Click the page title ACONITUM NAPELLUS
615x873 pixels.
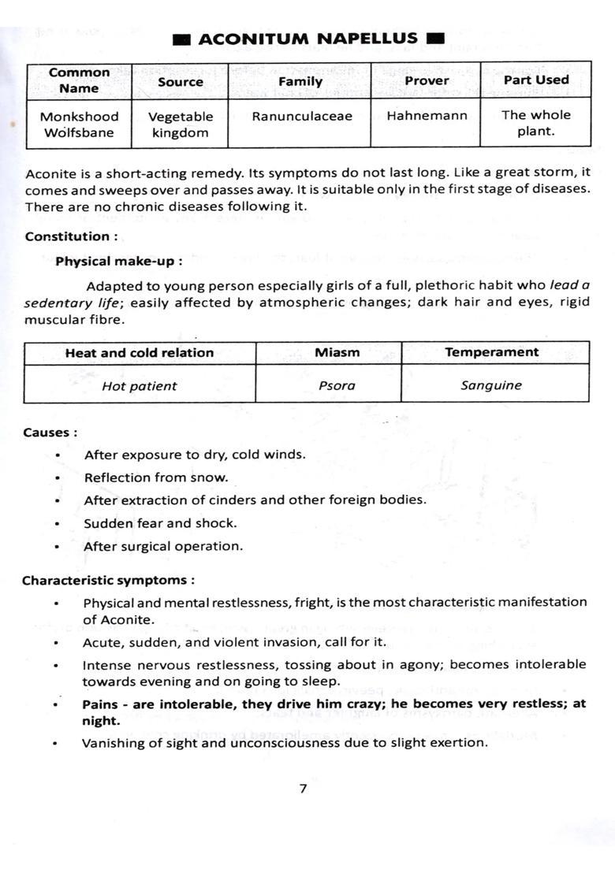click(x=308, y=39)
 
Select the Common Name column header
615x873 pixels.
click(x=79, y=80)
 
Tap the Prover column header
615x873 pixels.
click(x=427, y=80)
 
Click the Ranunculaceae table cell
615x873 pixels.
click(x=302, y=117)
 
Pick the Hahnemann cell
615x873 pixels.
click(x=427, y=116)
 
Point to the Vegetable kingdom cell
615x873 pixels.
click(x=181, y=124)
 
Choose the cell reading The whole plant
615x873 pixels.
click(x=535, y=123)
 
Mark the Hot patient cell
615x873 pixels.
click(x=140, y=386)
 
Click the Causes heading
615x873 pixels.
click(x=50, y=433)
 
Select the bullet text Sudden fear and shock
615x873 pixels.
click(x=160, y=523)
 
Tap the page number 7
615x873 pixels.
click(x=303, y=789)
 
